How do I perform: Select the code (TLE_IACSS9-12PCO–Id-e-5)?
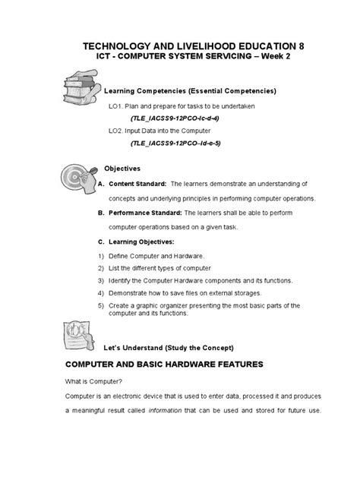175,144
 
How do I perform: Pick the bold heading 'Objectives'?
122,168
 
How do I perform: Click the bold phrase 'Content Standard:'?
137,184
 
